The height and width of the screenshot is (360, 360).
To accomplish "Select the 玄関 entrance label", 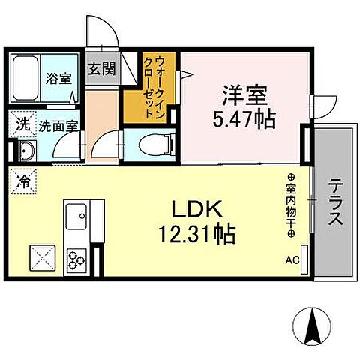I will (101, 69).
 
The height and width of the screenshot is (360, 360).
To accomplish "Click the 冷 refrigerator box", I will (24, 180).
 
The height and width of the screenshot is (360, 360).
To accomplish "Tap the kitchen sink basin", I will (76, 219).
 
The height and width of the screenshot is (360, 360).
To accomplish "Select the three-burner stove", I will (76, 259).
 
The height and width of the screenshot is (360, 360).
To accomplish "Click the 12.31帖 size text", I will (198, 234).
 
